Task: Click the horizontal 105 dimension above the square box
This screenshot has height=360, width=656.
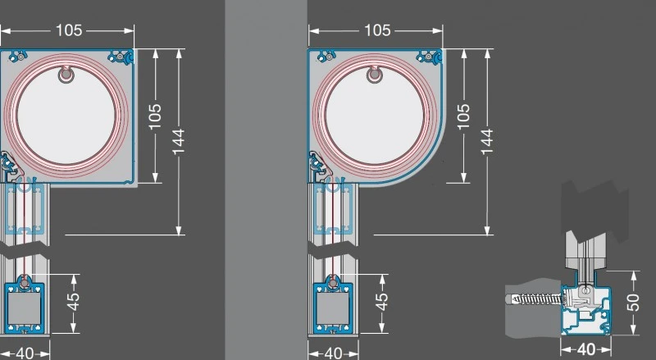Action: click(x=70, y=30)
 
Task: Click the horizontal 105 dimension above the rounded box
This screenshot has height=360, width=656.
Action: click(x=376, y=30)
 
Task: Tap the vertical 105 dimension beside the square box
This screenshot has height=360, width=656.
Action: click(x=156, y=116)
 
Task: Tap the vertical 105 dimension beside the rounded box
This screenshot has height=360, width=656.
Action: click(x=464, y=116)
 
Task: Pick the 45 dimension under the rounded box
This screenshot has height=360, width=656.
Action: click(x=381, y=303)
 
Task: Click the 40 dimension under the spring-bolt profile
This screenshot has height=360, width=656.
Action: click(x=585, y=349)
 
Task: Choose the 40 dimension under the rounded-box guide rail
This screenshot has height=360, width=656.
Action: click(x=332, y=353)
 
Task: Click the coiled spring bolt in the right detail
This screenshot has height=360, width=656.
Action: click(x=537, y=297)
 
